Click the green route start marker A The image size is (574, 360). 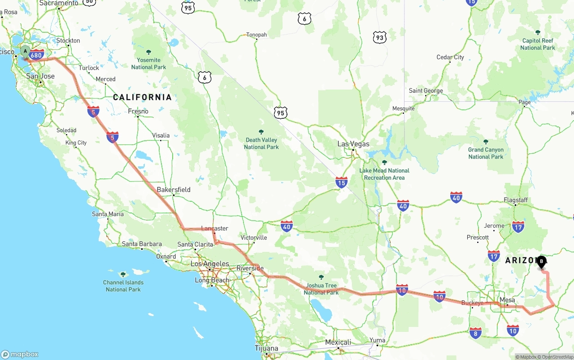tap(25, 52)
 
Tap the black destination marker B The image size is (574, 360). tap(541, 261)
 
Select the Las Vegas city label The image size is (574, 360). tap(353, 144)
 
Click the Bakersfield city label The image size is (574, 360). tap(174, 190)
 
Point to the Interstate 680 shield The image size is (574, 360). tap(36, 56)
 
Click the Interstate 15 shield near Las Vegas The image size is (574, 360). tap(341, 182)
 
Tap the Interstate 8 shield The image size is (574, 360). tap(475, 333)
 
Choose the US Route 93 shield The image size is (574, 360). tap(380, 38)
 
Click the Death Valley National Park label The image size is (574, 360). tap(261, 143)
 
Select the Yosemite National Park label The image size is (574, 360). tap(148, 64)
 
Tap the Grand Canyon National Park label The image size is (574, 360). tap(486, 153)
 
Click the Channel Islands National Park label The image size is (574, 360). tap(123, 286)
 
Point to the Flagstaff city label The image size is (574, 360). tap(515, 200)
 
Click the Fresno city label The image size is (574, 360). tap(138, 111)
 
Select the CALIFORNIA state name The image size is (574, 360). tap(142, 97)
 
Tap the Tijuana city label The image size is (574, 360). tap(266, 348)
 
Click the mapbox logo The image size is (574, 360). tap(20, 354)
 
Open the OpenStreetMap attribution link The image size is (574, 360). tap(557, 357)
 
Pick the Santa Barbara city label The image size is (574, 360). tap(142, 244)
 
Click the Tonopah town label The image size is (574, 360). tap(257, 35)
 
